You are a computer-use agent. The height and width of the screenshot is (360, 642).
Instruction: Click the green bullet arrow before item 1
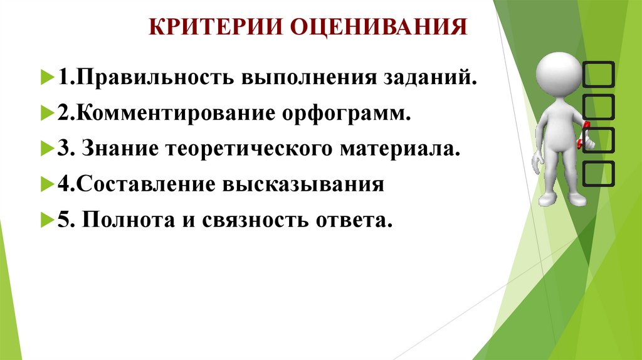click(46, 80)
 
